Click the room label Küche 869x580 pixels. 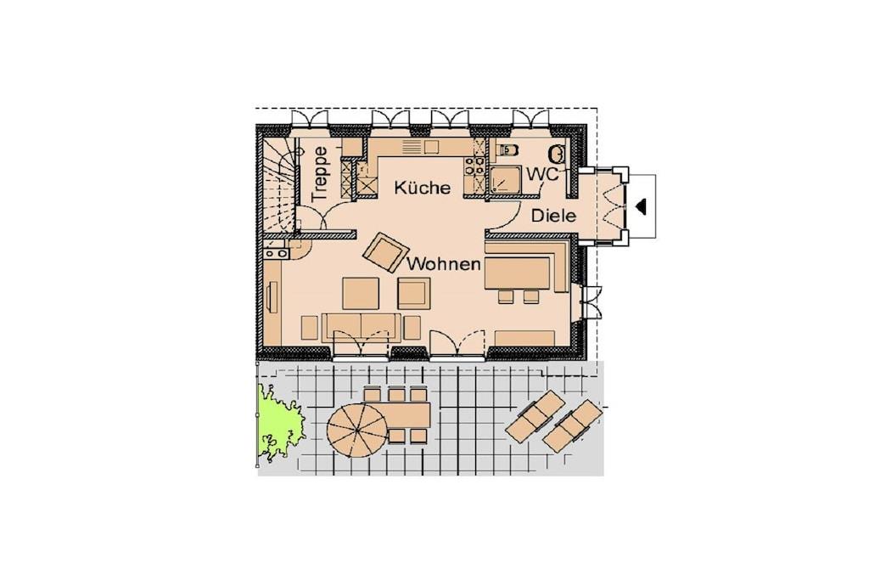423,188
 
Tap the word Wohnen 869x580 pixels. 443,264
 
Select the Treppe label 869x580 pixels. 320,173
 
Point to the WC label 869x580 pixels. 542,173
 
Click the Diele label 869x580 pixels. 553,216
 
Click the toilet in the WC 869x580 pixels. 508,149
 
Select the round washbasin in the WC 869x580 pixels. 557,154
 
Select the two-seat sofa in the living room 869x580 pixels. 362,327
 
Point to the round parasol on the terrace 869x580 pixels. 358,430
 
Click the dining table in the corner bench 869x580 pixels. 517,273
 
